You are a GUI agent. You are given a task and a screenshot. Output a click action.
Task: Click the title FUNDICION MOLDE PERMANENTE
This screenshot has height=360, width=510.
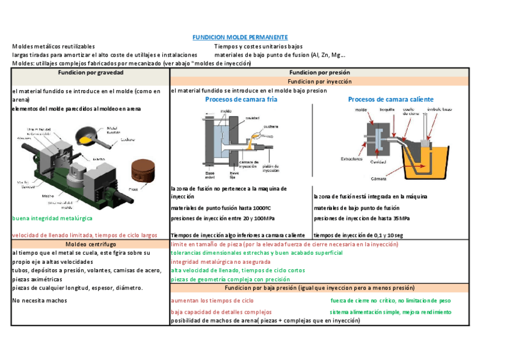(239, 37)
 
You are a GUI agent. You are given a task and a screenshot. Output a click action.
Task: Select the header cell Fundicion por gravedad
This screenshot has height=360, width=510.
(90, 72)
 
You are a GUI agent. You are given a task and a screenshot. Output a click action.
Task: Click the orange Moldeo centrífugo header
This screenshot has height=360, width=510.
(90, 245)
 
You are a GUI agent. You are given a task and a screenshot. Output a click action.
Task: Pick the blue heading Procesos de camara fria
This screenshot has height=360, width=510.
(241, 100)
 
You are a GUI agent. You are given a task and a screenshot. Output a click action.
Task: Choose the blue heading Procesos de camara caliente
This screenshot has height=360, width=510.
(390, 100)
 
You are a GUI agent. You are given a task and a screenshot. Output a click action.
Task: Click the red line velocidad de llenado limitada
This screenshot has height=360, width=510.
(85, 236)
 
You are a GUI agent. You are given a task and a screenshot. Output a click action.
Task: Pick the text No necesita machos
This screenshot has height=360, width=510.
(40, 301)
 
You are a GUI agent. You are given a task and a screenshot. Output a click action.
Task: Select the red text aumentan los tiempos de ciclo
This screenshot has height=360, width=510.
(212, 301)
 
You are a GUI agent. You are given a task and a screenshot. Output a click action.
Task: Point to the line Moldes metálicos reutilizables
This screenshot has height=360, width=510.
(54, 46)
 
